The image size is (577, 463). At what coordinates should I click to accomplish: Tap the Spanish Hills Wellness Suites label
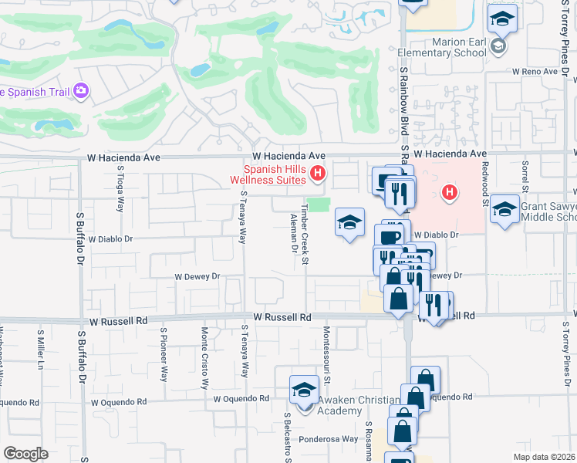(275, 175)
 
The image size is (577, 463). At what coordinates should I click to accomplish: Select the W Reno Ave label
(535, 71)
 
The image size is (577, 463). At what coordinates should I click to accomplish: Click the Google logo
(25, 454)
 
